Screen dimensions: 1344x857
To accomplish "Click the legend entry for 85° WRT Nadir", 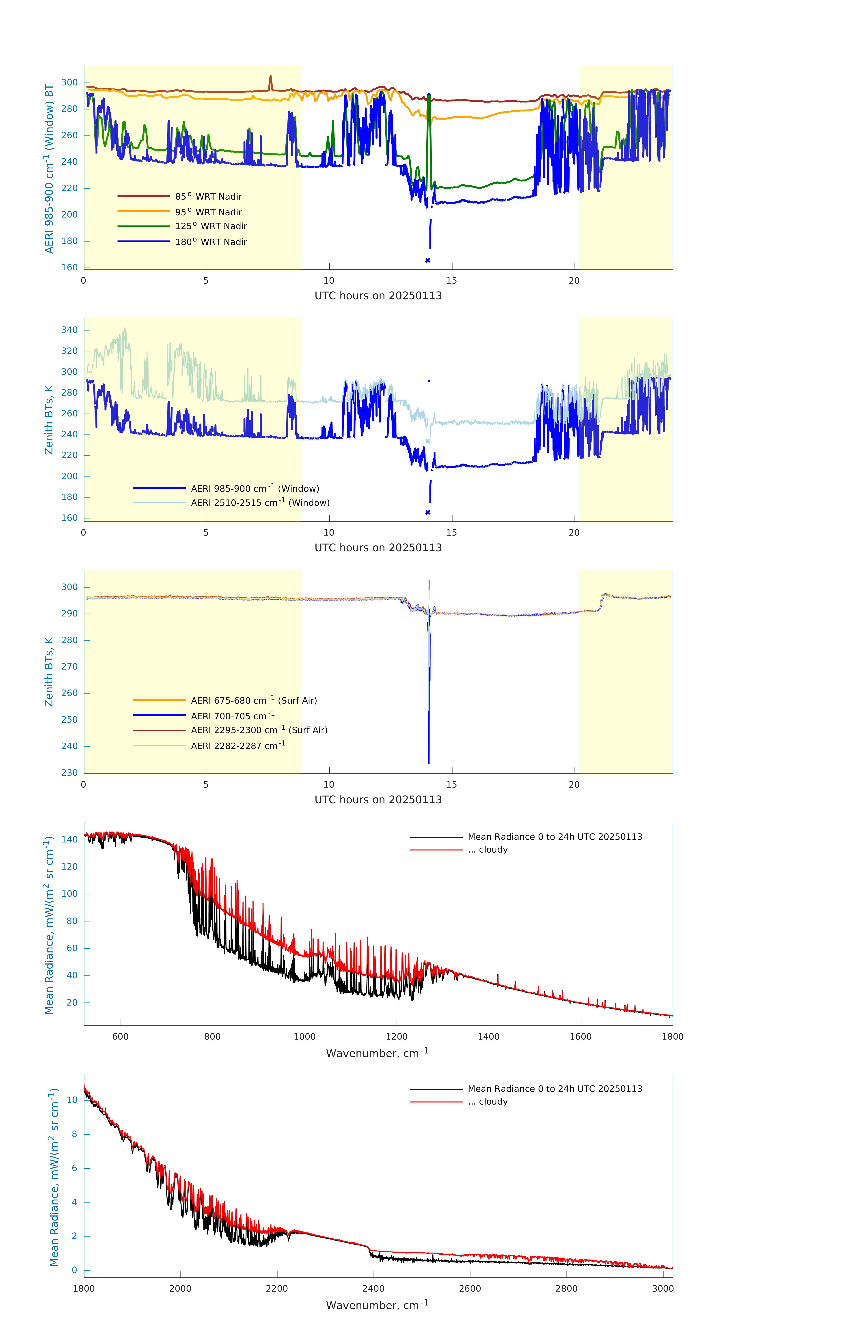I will tap(208, 196).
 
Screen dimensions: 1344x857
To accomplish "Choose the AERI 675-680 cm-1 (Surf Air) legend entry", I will tap(253, 700).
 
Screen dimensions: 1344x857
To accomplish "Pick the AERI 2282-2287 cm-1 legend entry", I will tap(238, 746).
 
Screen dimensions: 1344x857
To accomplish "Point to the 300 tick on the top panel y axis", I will tap(70, 83).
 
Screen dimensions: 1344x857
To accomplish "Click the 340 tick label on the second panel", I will tap(70, 330).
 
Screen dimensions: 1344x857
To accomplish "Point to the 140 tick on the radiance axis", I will tap(70, 840).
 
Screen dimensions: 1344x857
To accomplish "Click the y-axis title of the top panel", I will tap(49, 168).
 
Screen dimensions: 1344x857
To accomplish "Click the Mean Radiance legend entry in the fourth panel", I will tap(554, 837).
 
